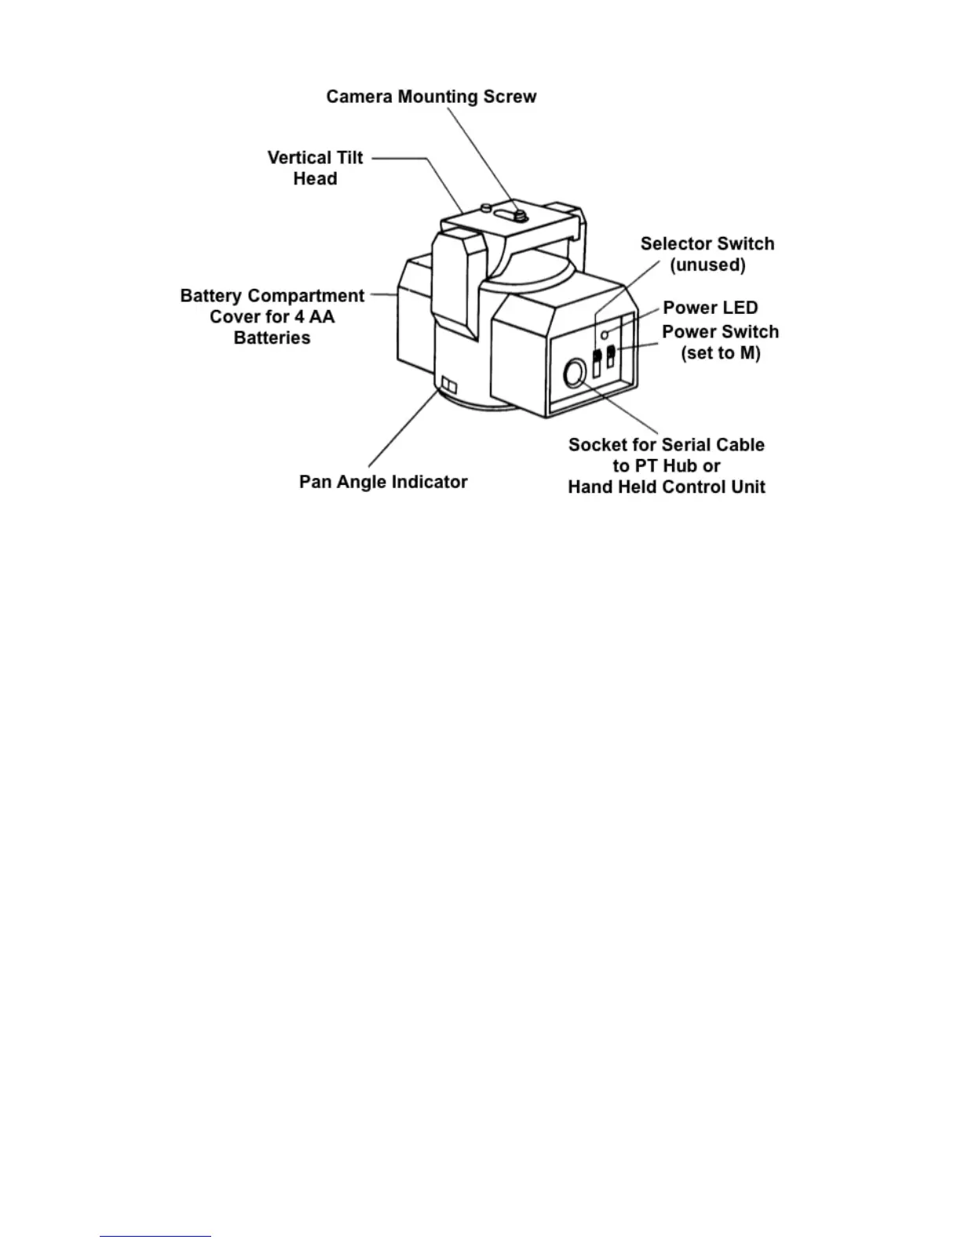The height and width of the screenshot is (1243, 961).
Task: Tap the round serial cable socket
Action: tap(575, 374)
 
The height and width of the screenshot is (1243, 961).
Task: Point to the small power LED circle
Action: tap(605, 335)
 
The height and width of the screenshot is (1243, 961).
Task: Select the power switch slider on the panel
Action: tap(612, 357)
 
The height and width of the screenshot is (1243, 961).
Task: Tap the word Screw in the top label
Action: tap(510, 97)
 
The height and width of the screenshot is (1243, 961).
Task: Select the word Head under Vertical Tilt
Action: tap(315, 179)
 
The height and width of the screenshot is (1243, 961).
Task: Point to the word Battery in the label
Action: tap(210, 296)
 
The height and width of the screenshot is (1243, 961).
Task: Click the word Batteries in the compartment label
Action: tap(272, 338)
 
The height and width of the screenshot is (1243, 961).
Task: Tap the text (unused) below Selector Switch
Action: tap(707, 265)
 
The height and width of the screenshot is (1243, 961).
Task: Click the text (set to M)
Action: tap(720, 353)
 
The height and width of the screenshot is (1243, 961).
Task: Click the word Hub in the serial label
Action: tap(679, 466)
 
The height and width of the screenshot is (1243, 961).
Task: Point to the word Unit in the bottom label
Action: tap(748, 487)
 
